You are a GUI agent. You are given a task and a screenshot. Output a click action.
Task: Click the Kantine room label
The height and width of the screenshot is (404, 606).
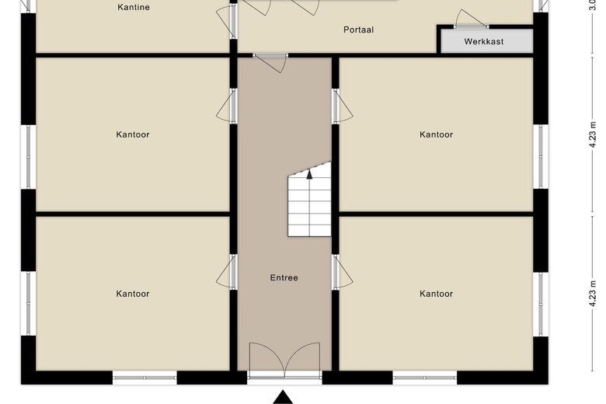[x=133, y=8]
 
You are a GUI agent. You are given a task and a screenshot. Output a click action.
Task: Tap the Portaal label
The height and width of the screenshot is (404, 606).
[x=358, y=30]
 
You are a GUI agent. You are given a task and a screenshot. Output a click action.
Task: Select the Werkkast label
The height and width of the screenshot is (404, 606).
[x=484, y=41]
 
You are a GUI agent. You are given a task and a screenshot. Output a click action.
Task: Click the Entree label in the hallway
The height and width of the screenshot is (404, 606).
[x=284, y=277]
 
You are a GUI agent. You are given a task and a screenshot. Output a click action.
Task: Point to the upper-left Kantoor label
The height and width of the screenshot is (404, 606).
[x=133, y=134]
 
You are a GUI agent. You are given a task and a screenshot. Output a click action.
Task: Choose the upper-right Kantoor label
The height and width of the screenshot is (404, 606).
[x=436, y=134]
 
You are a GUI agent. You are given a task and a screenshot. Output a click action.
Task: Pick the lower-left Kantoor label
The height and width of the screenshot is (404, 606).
[x=133, y=294]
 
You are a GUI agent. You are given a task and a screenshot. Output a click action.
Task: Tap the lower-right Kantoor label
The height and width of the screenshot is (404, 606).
[x=436, y=294]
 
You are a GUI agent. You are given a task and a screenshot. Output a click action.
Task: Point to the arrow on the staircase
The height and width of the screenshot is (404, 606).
[x=309, y=175]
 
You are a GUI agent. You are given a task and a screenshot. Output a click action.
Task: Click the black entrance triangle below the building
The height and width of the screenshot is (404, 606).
[x=284, y=397]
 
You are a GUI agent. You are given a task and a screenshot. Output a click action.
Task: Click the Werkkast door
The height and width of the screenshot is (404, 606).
[x=472, y=19]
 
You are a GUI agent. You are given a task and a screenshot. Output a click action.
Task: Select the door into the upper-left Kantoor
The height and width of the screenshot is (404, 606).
[x=226, y=106]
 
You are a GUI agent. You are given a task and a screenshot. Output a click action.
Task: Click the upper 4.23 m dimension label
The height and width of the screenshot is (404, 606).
[x=593, y=134]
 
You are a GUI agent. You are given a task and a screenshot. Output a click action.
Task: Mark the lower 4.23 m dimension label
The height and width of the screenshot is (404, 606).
[x=593, y=294]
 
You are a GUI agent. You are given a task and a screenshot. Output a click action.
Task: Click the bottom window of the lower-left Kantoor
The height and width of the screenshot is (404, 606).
[x=145, y=378]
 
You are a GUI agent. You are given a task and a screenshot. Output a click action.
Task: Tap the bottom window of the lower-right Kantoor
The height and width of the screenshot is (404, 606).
[x=424, y=378]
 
